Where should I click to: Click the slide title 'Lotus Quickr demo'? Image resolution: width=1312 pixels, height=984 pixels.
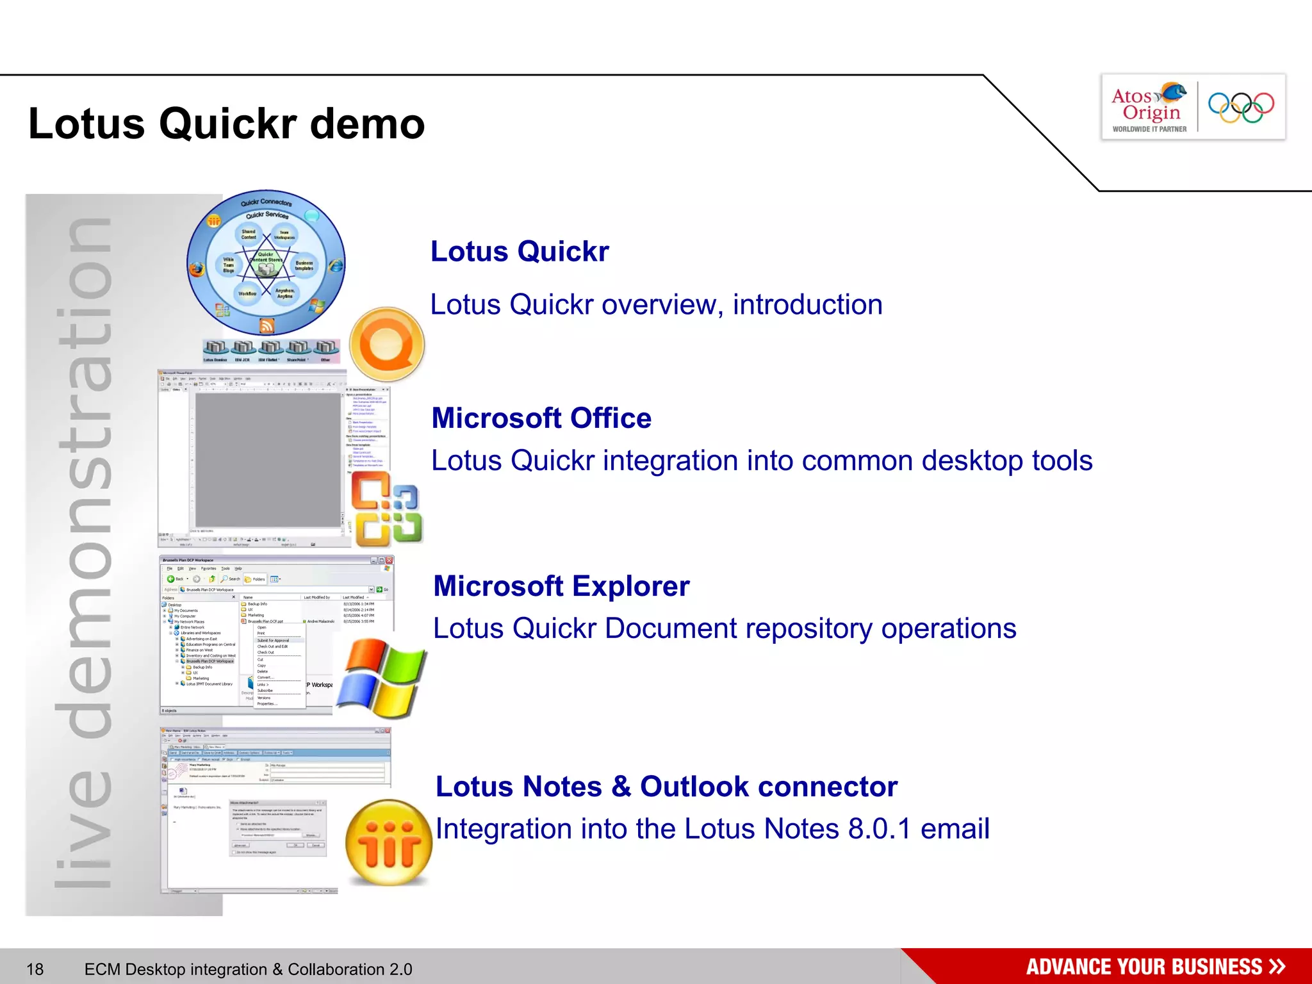(227, 124)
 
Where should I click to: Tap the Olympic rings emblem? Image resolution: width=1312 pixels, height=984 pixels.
(1241, 107)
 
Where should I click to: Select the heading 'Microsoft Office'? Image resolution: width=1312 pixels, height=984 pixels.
(541, 418)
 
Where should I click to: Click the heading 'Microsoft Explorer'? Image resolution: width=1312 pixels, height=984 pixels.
(561, 586)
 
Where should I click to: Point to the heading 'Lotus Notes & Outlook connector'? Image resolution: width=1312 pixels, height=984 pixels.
(666, 787)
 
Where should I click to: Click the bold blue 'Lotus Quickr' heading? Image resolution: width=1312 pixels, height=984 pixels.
(520, 251)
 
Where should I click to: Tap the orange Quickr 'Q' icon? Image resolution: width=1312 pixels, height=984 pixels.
(387, 344)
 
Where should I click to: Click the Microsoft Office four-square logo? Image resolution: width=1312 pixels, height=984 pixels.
(386, 509)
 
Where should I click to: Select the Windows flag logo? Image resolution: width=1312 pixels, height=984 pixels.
(382, 679)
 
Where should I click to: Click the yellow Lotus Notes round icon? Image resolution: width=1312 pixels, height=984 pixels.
(388, 843)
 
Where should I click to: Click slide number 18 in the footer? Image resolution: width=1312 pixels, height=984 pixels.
(35, 969)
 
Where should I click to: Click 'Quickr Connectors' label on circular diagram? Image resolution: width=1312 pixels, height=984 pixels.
(266, 202)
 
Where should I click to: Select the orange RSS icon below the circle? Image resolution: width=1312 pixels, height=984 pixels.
(267, 326)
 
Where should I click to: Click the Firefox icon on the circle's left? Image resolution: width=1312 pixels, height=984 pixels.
(197, 268)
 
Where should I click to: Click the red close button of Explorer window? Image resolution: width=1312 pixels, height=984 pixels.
(389, 561)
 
